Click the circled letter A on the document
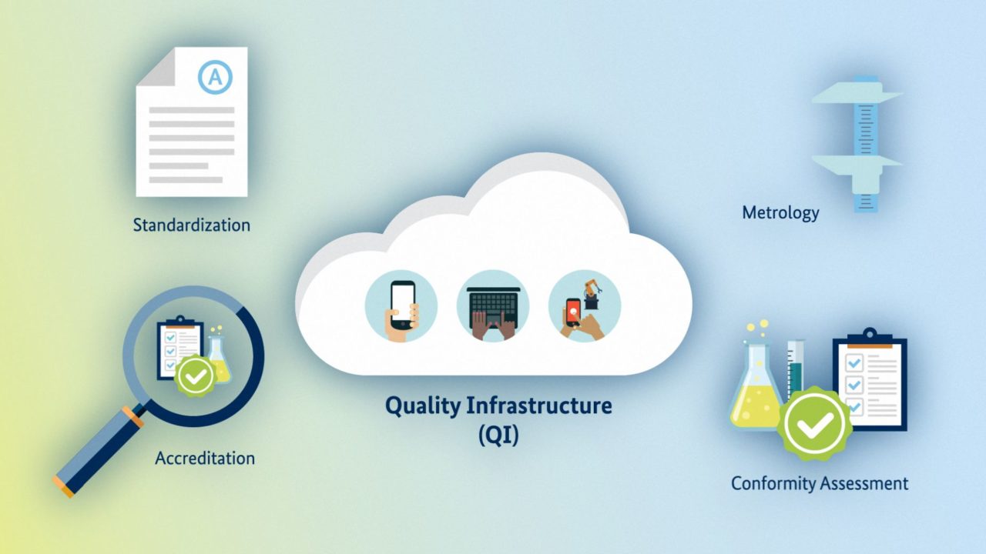(x=215, y=78)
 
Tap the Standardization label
(x=192, y=225)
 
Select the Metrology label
(x=780, y=213)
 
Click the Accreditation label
(x=205, y=458)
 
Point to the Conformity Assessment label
(x=820, y=484)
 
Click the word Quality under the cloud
(x=423, y=405)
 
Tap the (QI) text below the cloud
(x=498, y=435)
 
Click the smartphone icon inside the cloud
(x=401, y=306)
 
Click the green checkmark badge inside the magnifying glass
(x=195, y=376)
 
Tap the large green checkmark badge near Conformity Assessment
(x=814, y=423)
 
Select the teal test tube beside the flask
(x=795, y=369)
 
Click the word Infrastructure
(x=538, y=405)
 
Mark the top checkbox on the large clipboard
(x=854, y=363)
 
